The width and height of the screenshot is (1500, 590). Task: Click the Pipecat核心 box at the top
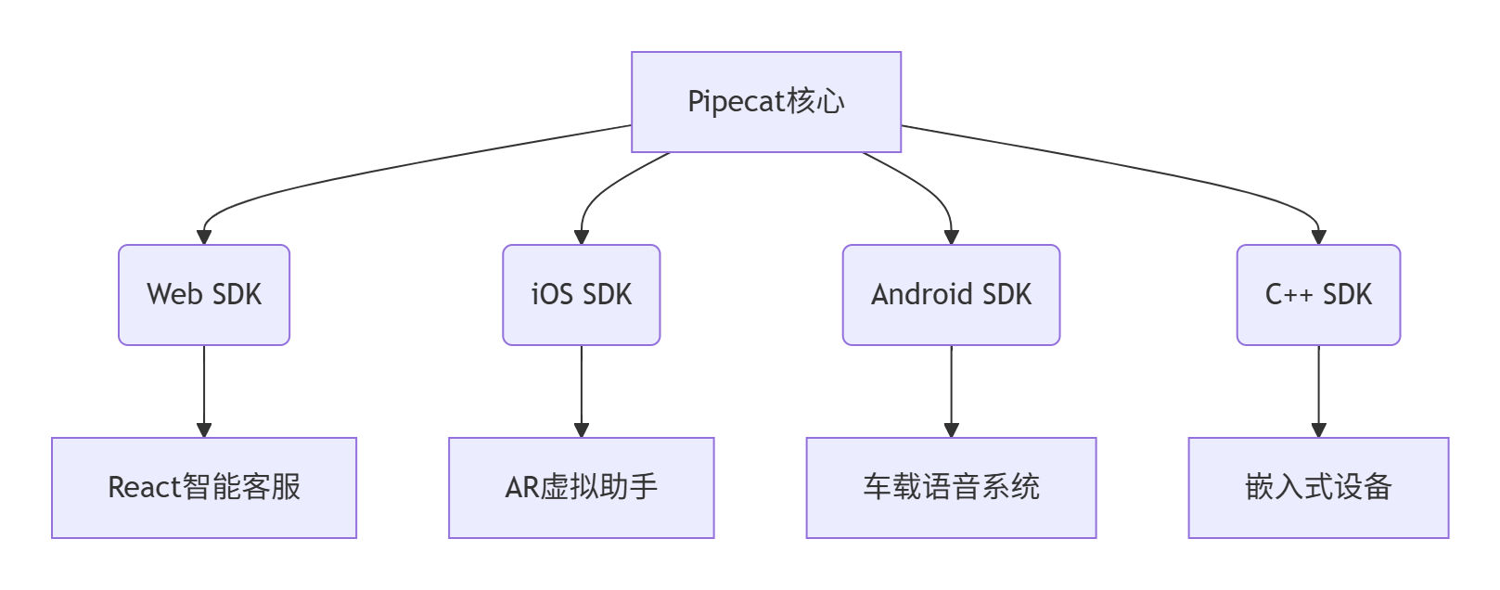[765, 102]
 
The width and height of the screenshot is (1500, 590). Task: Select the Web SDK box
[204, 295]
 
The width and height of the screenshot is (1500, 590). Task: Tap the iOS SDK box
[581, 295]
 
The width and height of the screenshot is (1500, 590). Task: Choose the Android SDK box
[951, 295]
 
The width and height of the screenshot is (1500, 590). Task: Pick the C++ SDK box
[1318, 295]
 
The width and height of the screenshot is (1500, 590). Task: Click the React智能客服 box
[204, 488]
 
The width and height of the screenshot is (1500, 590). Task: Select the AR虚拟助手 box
[581, 488]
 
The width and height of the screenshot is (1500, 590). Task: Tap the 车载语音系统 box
[951, 488]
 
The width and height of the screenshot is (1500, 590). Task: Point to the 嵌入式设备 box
[1318, 488]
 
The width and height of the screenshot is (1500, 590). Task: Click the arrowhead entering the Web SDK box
[204, 237]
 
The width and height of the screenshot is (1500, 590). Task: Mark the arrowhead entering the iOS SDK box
[582, 237]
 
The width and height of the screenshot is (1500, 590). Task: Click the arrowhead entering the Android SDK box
[951, 237]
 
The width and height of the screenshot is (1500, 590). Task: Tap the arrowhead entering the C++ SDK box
[1318, 237]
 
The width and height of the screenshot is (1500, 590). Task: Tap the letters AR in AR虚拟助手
[522, 488]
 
